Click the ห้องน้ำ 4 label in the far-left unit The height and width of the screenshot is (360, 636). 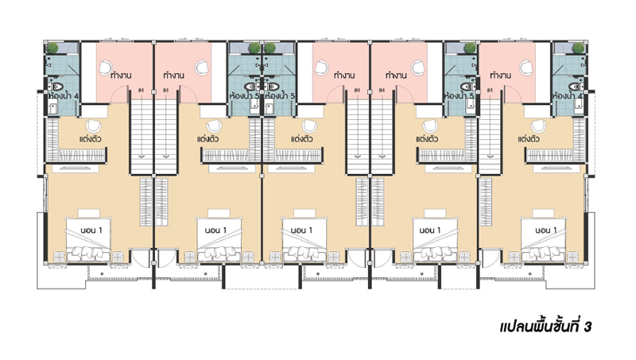point(64,96)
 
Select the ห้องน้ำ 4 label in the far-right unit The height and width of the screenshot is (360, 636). point(568,96)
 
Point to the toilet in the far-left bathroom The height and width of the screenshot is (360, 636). point(56,87)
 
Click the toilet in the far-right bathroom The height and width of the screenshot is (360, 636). point(576,87)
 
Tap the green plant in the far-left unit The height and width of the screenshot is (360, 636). point(52,48)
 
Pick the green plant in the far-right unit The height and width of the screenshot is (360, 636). point(578,48)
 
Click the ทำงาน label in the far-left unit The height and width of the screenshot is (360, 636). point(121,75)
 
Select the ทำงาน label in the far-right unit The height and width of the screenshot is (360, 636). point(501,75)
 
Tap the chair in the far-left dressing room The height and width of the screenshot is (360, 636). point(94,126)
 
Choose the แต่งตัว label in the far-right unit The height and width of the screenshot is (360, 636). point(529,139)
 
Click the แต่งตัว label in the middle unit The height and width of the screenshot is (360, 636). point(301,139)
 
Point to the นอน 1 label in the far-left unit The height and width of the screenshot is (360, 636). point(91,230)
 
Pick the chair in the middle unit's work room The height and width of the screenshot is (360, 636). point(322,66)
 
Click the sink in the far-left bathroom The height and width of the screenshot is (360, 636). point(52,108)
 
